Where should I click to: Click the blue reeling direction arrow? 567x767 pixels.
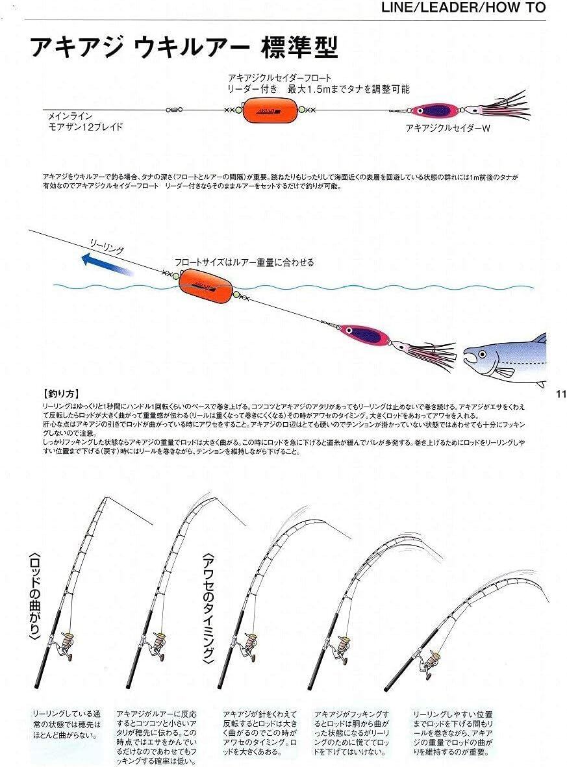[107, 265]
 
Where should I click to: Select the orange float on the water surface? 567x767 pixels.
[203, 284]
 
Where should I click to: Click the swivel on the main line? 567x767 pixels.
[176, 110]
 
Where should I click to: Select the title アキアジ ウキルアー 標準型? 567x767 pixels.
[184, 47]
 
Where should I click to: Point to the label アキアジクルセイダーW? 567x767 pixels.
[447, 129]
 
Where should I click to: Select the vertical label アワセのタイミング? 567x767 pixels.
[208, 608]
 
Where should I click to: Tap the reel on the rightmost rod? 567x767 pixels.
[429, 662]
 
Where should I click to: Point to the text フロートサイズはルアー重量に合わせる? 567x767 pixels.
[244, 262]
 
